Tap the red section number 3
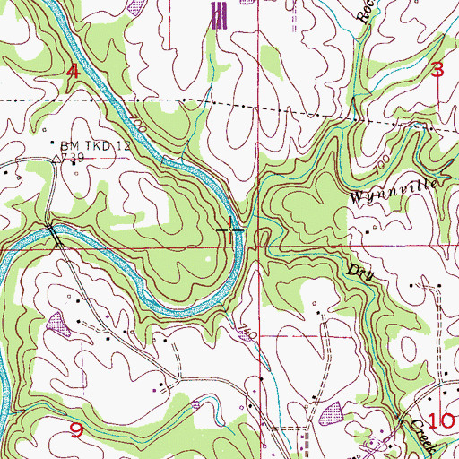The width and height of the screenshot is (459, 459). coord(437,70)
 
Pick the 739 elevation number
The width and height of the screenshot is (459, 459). coord(73,157)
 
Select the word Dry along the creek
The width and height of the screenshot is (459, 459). coord(359,270)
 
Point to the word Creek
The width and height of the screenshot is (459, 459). coord(420,436)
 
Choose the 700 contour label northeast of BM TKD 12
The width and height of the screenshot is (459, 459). coord(136,119)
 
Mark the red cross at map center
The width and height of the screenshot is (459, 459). coord(231,230)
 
